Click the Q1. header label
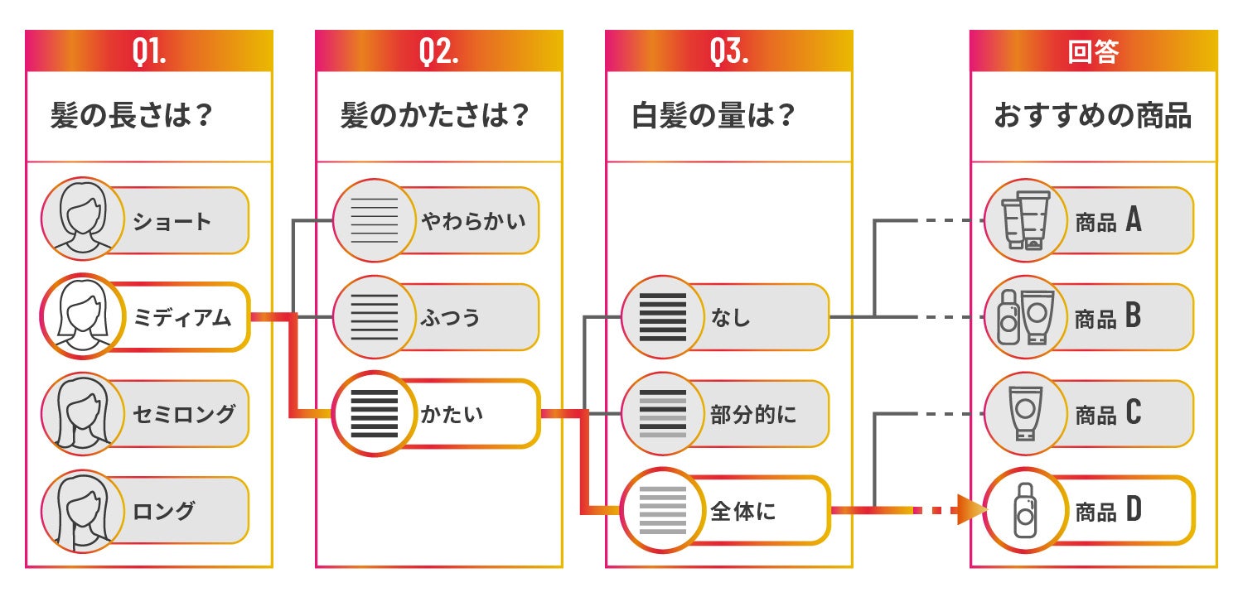point(149,52)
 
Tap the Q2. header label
point(439,52)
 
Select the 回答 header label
point(1093,52)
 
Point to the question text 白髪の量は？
point(713,116)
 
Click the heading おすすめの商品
point(1092,116)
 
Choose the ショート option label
point(172,221)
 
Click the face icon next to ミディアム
point(81,316)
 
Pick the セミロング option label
point(184,413)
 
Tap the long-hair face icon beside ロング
point(81,510)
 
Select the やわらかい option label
point(473,221)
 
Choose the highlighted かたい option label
point(452,413)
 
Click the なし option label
point(730,316)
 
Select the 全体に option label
point(742,511)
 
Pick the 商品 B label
point(1108,317)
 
